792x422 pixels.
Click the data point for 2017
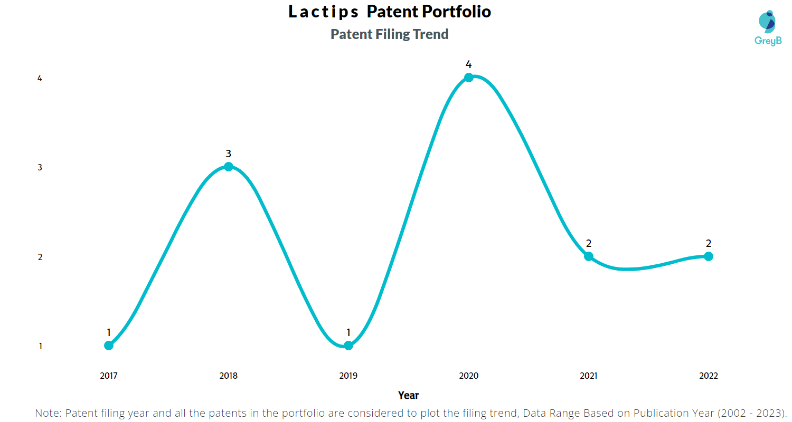tap(109, 346)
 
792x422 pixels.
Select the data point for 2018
tap(229, 167)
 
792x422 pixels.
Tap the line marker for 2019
tap(348, 346)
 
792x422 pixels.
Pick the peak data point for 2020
tap(468, 78)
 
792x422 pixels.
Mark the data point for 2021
tap(589, 256)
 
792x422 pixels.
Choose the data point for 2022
tap(709, 256)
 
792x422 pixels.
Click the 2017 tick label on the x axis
tap(109, 376)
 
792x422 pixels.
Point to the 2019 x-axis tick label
tap(348, 376)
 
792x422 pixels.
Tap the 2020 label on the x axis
tap(468, 376)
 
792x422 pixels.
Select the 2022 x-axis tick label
tap(709, 376)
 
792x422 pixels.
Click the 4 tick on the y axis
tap(40, 79)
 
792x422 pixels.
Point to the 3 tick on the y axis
tap(40, 168)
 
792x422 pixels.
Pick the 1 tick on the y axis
tap(40, 347)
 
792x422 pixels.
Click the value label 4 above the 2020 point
tap(468, 64)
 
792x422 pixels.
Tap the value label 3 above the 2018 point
tap(229, 154)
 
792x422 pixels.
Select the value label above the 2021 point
tap(589, 244)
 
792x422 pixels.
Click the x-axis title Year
tap(408, 395)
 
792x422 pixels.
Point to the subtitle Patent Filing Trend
tap(390, 34)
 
